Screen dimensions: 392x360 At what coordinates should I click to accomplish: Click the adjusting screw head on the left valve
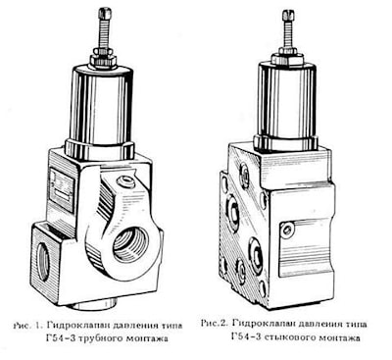106,14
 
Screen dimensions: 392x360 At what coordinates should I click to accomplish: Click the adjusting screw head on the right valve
288,15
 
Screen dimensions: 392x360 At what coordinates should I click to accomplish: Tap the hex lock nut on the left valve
103,59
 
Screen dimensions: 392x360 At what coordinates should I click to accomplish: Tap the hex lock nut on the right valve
288,56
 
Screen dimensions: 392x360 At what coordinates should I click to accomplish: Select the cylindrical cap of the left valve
101,108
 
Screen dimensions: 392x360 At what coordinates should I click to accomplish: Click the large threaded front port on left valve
130,245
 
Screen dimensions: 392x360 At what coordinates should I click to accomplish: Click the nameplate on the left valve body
62,190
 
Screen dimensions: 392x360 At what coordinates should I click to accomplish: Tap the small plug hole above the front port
125,180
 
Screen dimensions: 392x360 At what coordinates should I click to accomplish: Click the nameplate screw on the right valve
287,230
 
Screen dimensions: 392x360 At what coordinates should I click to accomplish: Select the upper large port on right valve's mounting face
233,214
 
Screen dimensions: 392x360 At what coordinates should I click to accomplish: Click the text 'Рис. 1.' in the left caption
28,326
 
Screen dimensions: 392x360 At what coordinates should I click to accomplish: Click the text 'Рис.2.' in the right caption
214,324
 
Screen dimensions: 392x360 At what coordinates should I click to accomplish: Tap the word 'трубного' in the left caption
100,338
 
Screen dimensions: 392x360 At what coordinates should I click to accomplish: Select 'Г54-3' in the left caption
61,337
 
